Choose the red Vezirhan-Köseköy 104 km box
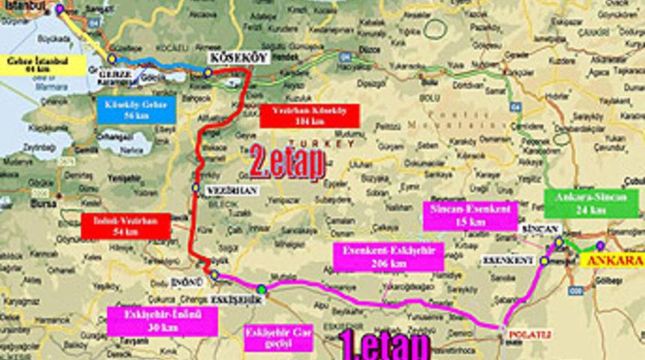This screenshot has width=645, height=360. pos(310,115)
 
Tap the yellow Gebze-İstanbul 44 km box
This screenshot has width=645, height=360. pos(33,64)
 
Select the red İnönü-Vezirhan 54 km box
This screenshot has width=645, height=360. pos(125,226)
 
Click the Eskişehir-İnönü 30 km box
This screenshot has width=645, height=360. pos(162,320)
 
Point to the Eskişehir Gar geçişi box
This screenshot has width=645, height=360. pos(278,337)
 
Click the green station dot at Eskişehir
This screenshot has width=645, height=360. pos(261,289)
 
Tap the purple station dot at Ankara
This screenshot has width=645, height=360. pos(600,245)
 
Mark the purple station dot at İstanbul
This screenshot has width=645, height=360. pos(59,9)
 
